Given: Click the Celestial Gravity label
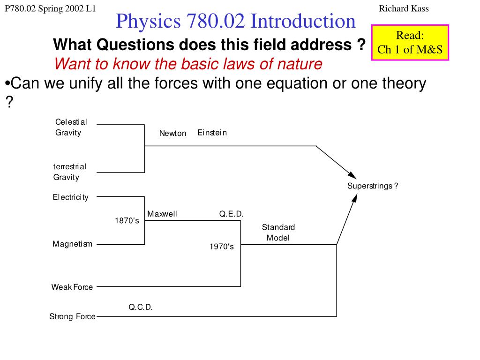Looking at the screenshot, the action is (x=71, y=127).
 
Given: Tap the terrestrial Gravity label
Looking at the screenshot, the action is (x=69, y=172).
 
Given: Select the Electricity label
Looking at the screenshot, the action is (x=70, y=197).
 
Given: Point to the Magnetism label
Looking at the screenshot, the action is (x=72, y=244).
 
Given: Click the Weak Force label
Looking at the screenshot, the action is (x=72, y=287).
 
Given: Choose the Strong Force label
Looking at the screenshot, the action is (x=72, y=316).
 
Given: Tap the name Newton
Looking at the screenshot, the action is (x=172, y=133).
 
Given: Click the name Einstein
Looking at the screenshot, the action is (x=212, y=133).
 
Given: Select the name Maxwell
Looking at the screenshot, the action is (x=162, y=214).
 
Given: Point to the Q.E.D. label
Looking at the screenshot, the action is (x=231, y=214).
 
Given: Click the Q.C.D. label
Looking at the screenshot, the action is (x=141, y=307).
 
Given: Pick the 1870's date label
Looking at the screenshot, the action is (x=127, y=220).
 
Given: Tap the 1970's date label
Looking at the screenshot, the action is (x=221, y=247).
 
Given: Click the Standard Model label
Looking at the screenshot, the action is (x=278, y=232).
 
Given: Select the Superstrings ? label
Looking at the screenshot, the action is (x=373, y=186).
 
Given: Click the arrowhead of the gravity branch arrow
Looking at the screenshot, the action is (x=352, y=175).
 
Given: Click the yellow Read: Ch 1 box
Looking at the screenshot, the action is (x=410, y=43).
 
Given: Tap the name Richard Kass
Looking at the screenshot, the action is (x=404, y=8).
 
